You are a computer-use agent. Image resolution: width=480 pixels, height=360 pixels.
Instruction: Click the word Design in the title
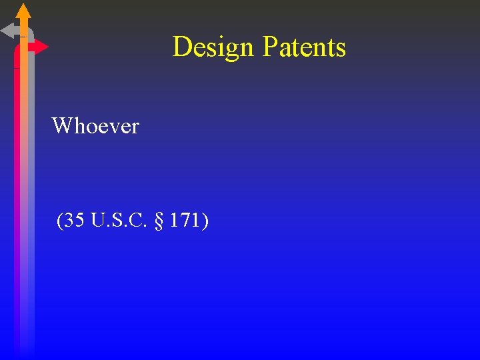(x=213, y=47)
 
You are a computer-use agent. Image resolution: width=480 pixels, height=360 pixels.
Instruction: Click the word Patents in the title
(x=304, y=47)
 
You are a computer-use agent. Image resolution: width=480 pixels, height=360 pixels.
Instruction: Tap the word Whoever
(x=95, y=125)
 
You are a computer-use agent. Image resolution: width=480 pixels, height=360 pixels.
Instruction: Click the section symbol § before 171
(x=158, y=221)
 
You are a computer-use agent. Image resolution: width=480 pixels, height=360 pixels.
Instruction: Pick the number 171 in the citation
(x=184, y=220)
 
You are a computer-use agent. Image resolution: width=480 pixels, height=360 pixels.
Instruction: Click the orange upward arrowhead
(x=23, y=11)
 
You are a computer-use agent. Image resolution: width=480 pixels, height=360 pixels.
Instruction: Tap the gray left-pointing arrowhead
(x=8, y=31)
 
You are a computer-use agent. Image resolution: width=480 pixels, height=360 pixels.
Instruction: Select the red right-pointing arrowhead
(x=40, y=47)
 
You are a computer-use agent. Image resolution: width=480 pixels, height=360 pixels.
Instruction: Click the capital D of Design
(x=181, y=47)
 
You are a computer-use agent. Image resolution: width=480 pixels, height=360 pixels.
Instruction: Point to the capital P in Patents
(x=270, y=47)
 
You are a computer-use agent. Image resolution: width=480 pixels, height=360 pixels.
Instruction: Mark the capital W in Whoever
(x=61, y=125)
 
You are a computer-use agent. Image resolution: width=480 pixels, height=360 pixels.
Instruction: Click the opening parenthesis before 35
(x=60, y=221)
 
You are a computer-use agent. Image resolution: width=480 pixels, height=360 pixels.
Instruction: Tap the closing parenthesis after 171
(x=205, y=221)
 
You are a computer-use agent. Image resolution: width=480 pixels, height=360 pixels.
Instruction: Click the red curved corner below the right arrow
(x=17, y=55)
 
